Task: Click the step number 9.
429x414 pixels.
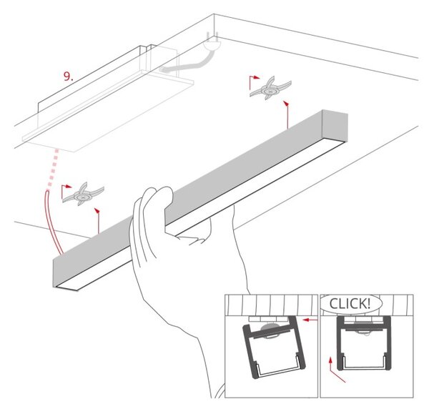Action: pos(68,77)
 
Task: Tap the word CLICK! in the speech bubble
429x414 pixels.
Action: pos(350,303)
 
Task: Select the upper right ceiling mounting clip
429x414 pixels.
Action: pos(270,88)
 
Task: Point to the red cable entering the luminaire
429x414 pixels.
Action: pos(52,222)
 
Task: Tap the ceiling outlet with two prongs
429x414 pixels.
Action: pos(212,42)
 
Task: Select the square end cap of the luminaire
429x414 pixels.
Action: pos(335,125)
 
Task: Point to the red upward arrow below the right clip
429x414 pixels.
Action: pos(287,114)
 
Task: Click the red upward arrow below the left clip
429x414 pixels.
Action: pos(98,221)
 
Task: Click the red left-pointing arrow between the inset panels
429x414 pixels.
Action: pos(310,320)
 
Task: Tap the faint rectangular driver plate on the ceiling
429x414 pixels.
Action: pos(108,112)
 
